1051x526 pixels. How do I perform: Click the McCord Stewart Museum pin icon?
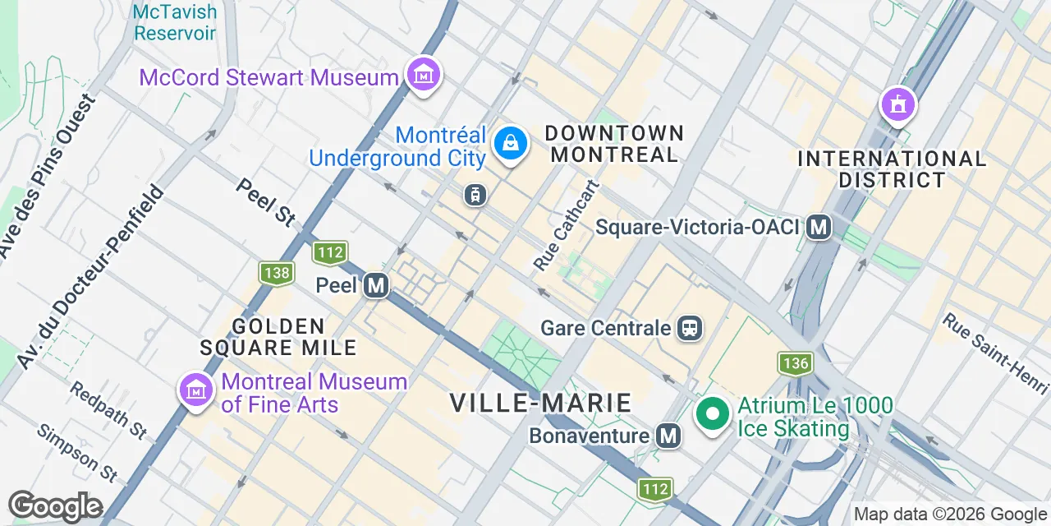point(424,76)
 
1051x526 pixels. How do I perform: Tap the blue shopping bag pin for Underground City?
point(511,145)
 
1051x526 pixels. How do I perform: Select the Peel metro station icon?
point(376,285)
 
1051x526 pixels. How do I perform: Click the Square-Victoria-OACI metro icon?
point(818,227)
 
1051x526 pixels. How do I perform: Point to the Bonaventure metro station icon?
point(669,436)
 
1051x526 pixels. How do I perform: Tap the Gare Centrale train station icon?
point(691,329)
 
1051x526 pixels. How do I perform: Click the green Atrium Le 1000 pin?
point(713,413)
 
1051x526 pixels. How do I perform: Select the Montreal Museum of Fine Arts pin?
point(195,390)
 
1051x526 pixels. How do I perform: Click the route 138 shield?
point(276,273)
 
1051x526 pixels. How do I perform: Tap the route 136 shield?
point(795,362)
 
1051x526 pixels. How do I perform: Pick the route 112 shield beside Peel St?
point(329,252)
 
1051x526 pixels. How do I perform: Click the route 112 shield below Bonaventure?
point(655,490)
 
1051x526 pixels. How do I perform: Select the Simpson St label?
point(78,453)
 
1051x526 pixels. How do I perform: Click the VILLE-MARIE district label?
point(541,403)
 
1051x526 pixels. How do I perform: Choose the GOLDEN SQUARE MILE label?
point(279,337)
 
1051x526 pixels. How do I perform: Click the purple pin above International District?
point(898,104)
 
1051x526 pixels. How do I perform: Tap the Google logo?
point(55,507)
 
